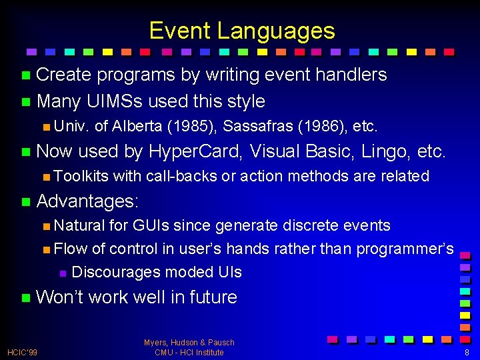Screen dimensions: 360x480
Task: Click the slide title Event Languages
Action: pyautogui.click(x=241, y=31)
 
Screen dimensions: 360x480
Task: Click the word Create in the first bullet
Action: pyautogui.click(x=64, y=75)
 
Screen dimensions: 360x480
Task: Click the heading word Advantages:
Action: pyautogui.click(x=87, y=201)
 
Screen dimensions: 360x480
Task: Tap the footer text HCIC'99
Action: pyautogui.click(x=23, y=352)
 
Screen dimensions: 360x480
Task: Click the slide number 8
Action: pyautogui.click(x=467, y=352)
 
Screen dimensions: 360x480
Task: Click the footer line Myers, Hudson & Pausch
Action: pyautogui.click(x=189, y=343)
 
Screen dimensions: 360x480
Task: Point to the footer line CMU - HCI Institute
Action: pyautogui.click(x=189, y=352)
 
